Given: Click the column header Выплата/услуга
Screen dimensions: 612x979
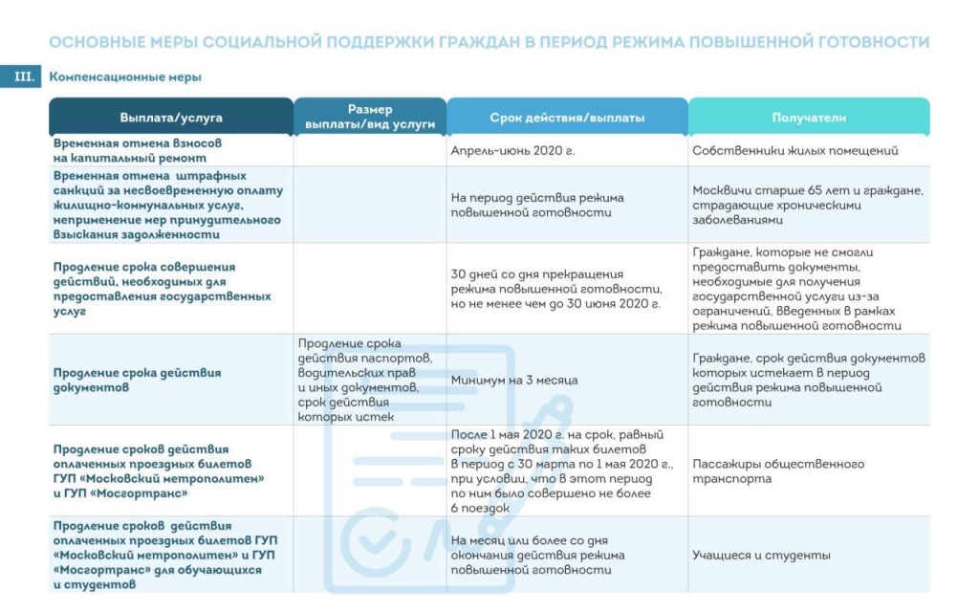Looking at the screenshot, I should pyautogui.click(x=171, y=118).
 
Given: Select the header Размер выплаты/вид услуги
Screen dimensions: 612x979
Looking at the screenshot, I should pyautogui.click(x=369, y=117).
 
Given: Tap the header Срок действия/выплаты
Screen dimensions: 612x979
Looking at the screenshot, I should pyautogui.click(x=567, y=118).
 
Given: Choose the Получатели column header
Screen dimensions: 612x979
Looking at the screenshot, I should pyautogui.click(x=809, y=118).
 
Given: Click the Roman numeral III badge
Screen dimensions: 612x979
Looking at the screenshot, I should pyautogui.click(x=22, y=76).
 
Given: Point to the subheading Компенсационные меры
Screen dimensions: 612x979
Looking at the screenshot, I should pyautogui.click(x=125, y=76).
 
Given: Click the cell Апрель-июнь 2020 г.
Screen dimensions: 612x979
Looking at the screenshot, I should pyautogui.click(x=512, y=151).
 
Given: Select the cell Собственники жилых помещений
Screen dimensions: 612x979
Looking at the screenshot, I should pyautogui.click(x=795, y=151).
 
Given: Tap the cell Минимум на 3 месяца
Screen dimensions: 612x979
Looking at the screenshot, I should pyautogui.click(x=514, y=380).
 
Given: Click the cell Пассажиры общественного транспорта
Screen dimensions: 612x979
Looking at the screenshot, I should pyautogui.click(x=778, y=470).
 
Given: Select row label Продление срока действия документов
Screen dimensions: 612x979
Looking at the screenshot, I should pyautogui.click(x=137, y=380).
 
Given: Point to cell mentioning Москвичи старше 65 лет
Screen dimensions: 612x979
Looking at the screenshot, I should pyautogui.click(x=807, y=205).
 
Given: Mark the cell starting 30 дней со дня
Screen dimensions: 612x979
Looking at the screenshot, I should pyautogui.click(x=556, y=289).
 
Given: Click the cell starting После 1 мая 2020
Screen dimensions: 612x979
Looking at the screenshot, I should pyautogui.click(x=562, y=470).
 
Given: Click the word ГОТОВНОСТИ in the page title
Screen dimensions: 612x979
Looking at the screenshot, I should pyautogui.click(x=869, y=42).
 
